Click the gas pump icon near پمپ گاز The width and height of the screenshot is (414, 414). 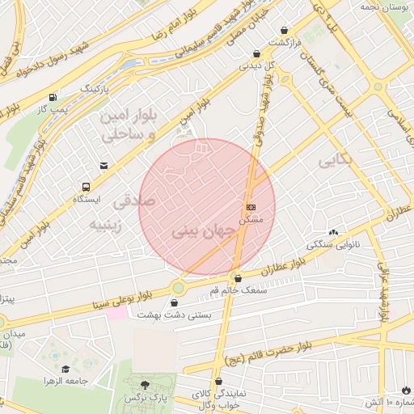(x=53, y=96)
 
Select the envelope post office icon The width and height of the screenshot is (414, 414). (x=103, y=166)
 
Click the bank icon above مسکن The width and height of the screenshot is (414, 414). (x=250, y=207)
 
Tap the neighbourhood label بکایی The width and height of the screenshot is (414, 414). (x=336, y=160)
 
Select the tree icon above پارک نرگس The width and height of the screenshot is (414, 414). (x=145, y=385)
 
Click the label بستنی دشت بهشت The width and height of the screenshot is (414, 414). (x=174, y=315)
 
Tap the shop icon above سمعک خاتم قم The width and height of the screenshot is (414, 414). (x=236, y=278)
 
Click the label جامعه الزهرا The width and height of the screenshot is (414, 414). (x=65, y=380)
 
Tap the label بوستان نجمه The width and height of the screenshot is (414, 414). (x=378, y=6)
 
